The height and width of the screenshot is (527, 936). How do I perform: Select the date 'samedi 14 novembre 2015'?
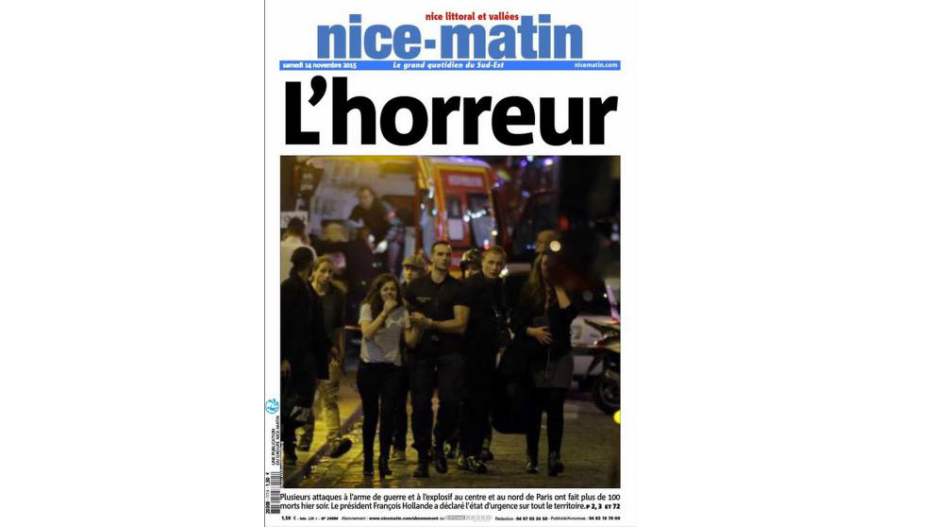click(319, 65)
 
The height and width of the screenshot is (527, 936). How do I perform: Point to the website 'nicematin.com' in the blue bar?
click(595, 65)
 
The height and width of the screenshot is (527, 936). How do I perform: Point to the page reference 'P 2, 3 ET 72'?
click(599, 507)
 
